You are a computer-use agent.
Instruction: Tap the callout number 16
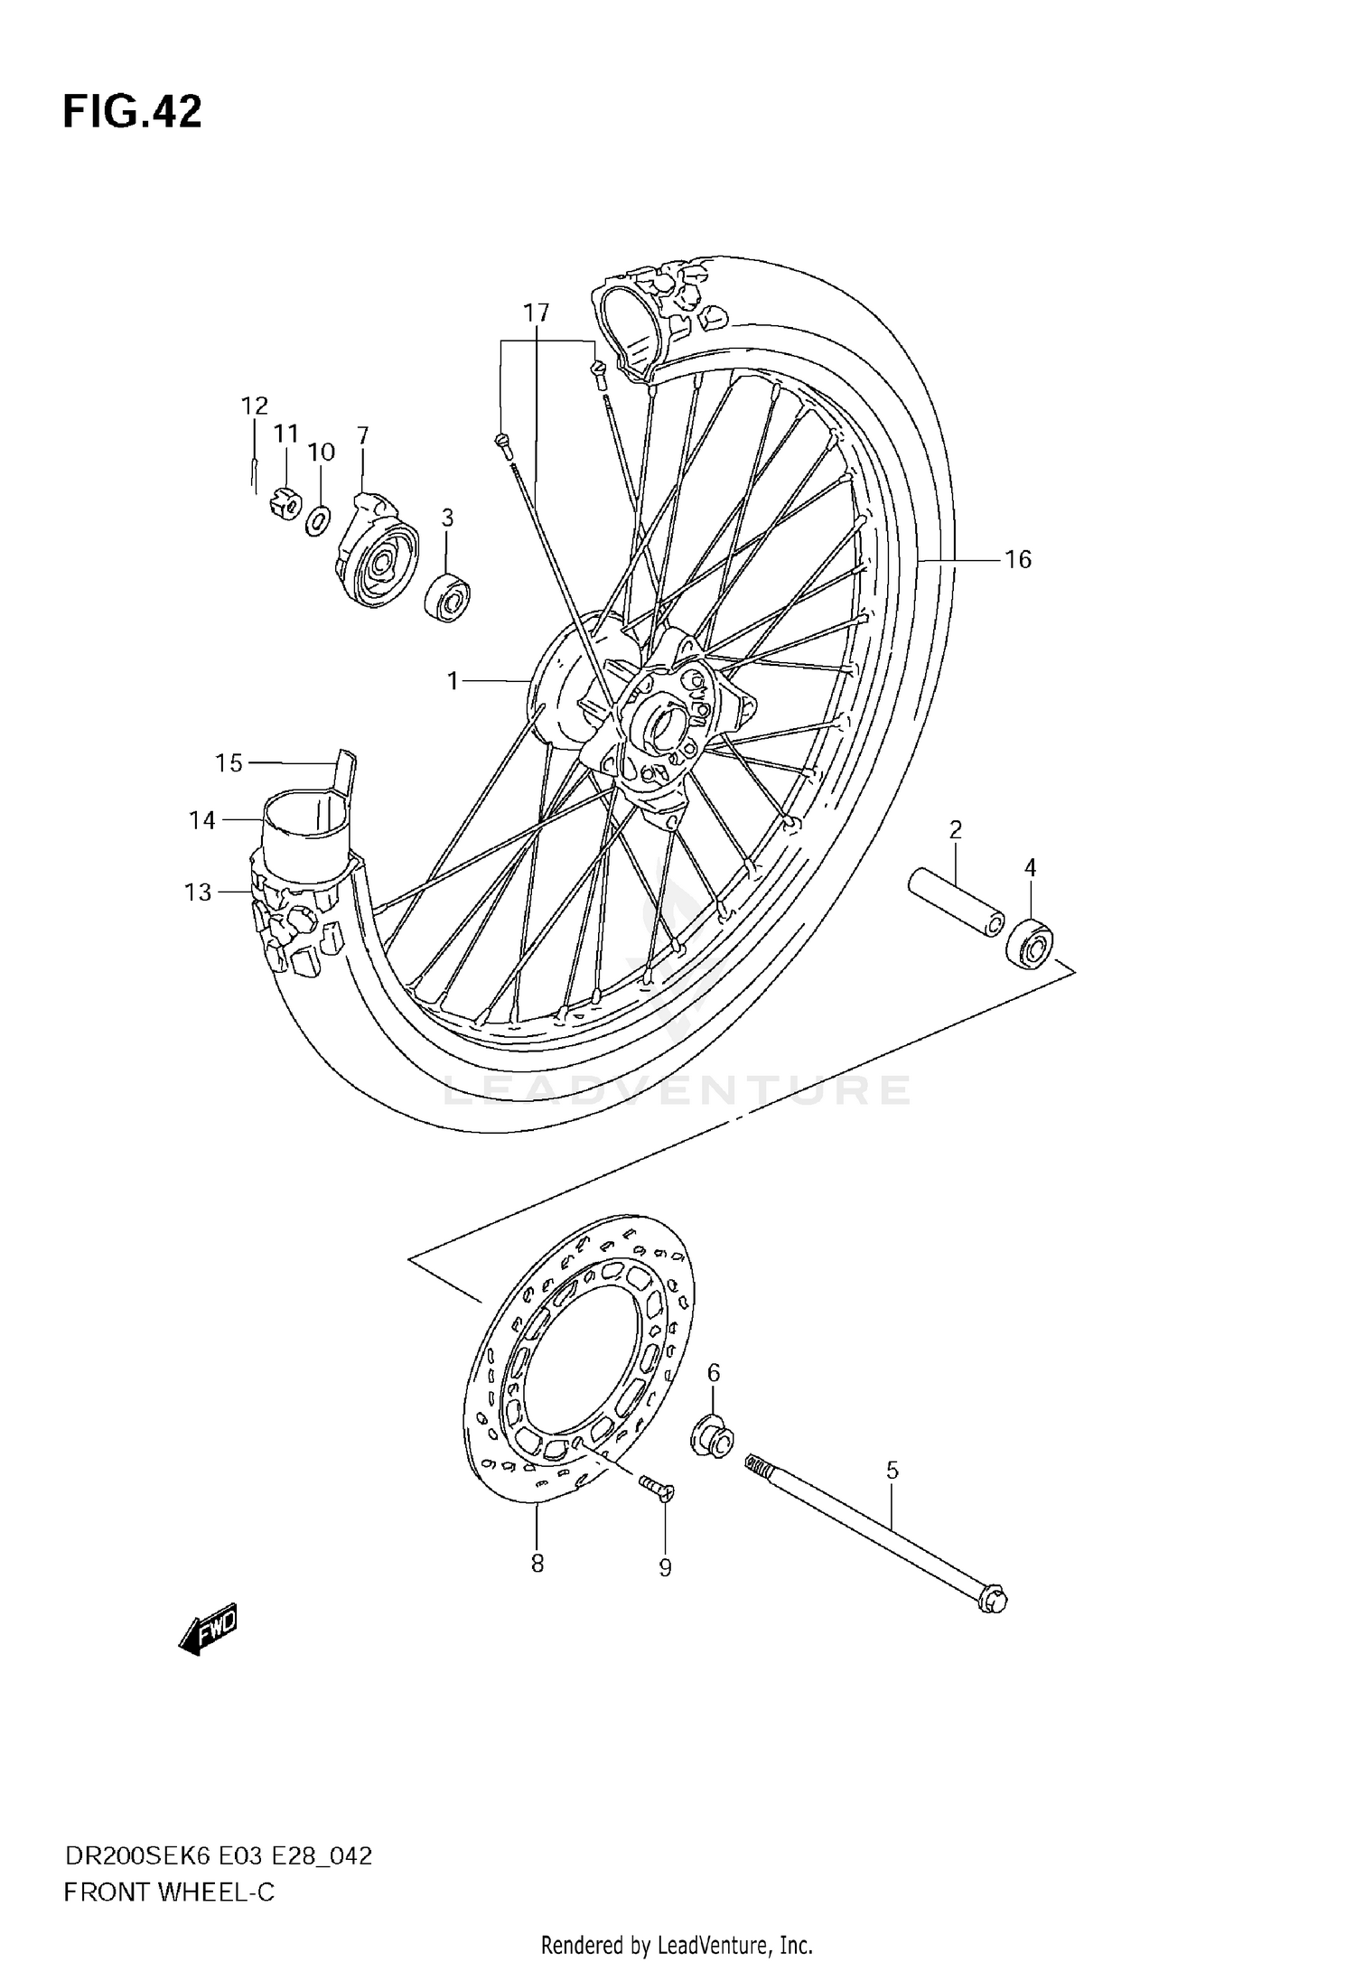point(1017,560)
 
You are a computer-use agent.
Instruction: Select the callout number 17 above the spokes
point(536,313)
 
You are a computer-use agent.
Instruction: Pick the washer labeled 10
point(318,520)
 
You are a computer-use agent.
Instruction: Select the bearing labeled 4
point(1031,941)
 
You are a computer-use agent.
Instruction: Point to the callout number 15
point(229,763)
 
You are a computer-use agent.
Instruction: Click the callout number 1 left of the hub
point(453,681)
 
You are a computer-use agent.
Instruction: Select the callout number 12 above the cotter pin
point(255,405)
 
